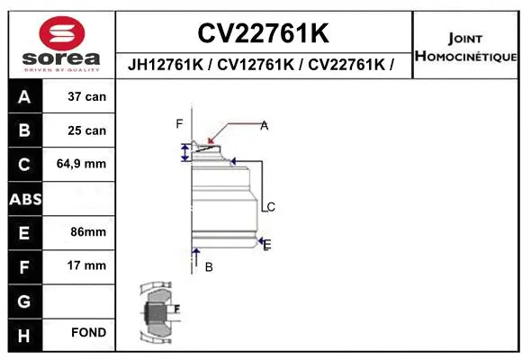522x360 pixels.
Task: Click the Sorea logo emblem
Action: [60, 34]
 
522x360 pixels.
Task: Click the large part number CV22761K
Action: [264, 33]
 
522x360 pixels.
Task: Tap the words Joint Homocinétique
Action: [465, 48]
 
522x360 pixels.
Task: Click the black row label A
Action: [24, 96]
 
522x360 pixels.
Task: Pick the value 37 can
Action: [87, 96]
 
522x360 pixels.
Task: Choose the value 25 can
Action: [87, 130]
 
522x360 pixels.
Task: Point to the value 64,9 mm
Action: [82, 164]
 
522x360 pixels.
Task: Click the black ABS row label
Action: [24, 198]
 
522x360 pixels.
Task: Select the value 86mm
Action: [88, 231]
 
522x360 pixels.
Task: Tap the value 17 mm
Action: [87, 265]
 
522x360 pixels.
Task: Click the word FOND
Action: [89, 333]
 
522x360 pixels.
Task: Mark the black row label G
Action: [24, 300]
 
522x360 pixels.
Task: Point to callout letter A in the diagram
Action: [265, 126]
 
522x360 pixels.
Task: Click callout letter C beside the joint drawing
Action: [270, 207]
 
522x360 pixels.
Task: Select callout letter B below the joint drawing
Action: [209, 266]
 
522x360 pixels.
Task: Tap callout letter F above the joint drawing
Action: [179, 123]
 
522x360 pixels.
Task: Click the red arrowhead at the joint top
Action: [211, 139]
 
